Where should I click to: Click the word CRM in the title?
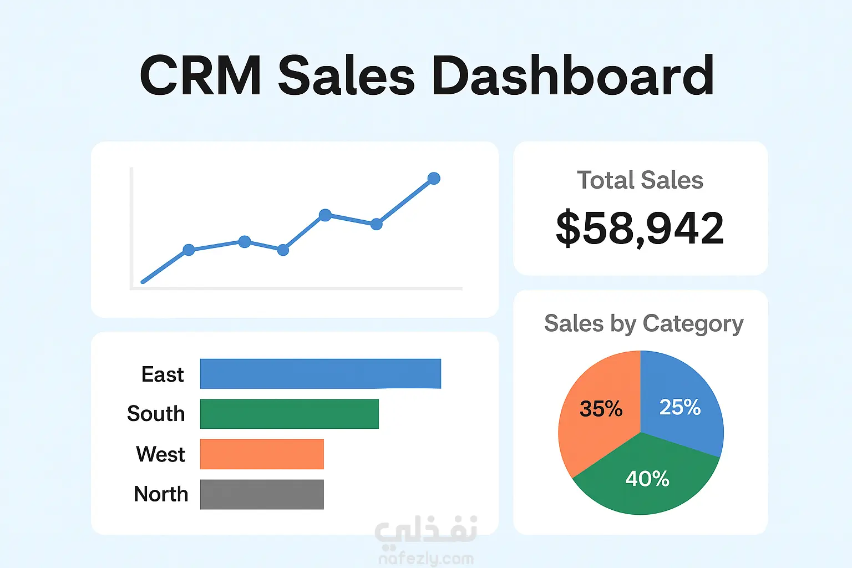pos(200,76)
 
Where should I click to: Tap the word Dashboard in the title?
pos(572,76)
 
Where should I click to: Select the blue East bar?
pos(320,373)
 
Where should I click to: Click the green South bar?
pos(289,414)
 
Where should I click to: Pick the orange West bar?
pos(261,454)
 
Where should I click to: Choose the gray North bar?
pos(261,494)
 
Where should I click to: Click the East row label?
pos(162,374)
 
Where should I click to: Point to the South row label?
pos(155,414)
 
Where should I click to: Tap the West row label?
pos(160,454)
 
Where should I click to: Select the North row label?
pos(161,494)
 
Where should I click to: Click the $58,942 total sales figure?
pos(640,228)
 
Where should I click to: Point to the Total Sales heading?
pos(640,180)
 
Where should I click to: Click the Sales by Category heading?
pos(643,323)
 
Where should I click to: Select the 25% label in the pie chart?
pos(679,408)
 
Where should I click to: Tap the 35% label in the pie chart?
pos(601,409)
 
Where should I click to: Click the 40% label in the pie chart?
pos(647,478)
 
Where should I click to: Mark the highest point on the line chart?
pos(434,179)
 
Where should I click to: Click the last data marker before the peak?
pos(377,224)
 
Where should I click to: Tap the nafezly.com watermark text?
pos(426,559)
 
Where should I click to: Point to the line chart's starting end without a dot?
pos(143,282)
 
